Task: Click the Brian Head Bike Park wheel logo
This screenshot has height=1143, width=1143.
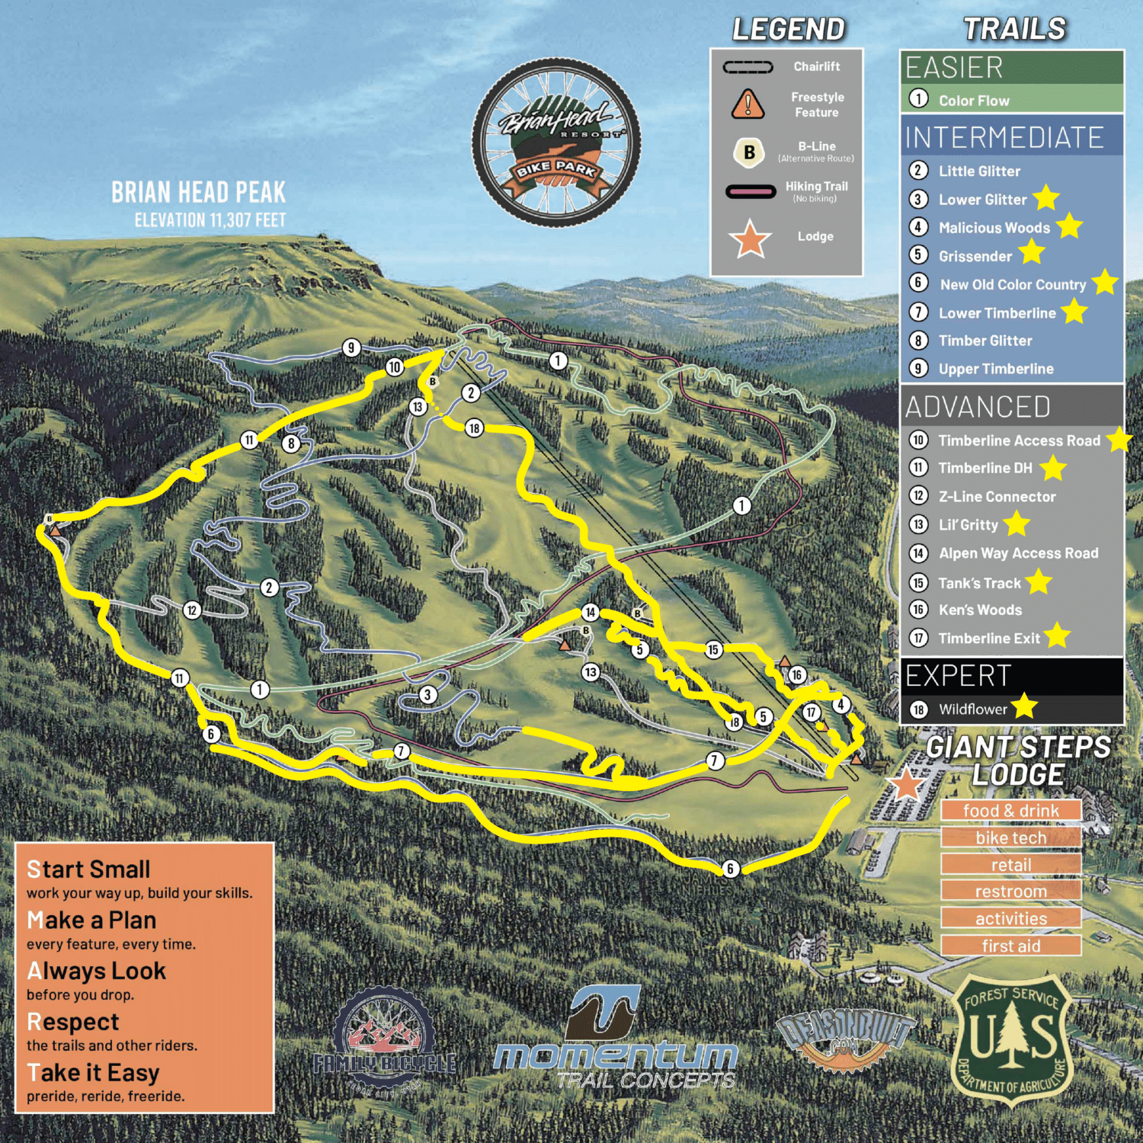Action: pos(556,142)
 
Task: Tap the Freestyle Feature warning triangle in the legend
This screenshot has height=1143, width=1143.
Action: pos(748,104)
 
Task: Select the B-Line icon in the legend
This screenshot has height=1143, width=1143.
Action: pos(749,152)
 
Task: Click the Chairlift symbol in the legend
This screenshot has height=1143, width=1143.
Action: pos(748,67)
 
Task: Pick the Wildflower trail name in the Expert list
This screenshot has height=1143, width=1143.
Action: pos(972,709)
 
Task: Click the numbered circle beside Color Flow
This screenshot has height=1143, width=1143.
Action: pos(919,99)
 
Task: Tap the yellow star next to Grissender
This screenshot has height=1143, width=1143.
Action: pos(1032,251)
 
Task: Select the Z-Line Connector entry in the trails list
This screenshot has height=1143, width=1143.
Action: pos(997,497)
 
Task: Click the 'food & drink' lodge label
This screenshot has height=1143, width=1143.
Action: pos(1010,811)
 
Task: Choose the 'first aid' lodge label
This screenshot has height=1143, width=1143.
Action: pos(1010,946)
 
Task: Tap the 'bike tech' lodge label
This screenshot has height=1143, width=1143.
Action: pos(1010,838)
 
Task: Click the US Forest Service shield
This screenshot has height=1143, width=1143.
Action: pos(1012,1041)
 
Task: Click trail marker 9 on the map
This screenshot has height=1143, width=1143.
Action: pos(351,348)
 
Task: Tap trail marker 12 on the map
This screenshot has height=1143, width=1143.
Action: pos(192,610)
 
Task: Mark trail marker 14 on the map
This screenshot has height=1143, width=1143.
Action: pos(591,613)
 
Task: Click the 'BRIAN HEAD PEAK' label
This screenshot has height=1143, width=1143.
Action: pos(198,193)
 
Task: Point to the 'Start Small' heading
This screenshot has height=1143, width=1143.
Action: pos(88,869)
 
